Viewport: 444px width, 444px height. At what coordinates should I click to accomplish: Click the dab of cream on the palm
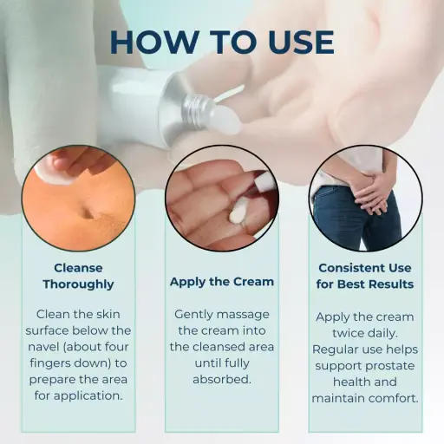pyautogui.click(x=212, y=211)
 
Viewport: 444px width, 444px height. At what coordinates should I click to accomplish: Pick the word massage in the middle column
pyautogui.click(x=245, y=314)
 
